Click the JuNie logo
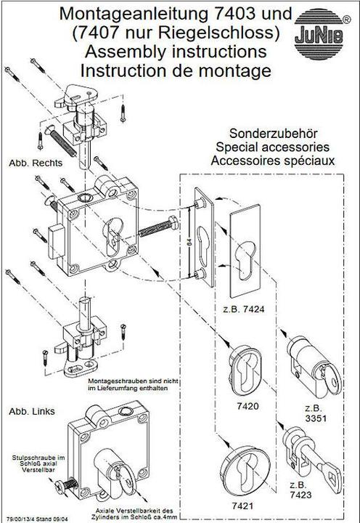pyautogui.click(x=319, y=34)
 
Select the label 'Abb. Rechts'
pyautogui.click(x=36, y=163)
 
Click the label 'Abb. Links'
pyautogui.click(x=32, y=412)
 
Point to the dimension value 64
pyautogui.click(x=189, y=241)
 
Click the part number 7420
pyautogui.click(x=247, y=406)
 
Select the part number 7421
pyautogui.click(x=242, y=506)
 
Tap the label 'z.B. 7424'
pyautogui.click(x=244, y=309)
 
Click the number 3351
pyautogui.click(x=316, y=418)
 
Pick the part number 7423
pyautogui.click(x=300, y=495)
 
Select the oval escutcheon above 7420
pyautogui.click(x=245, y=370)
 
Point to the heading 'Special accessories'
pyautogui.click(x=272, y=147)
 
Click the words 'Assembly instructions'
pyautogui.click(x=176, y=52)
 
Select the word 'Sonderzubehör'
pyautogui.click(x=274, y=134)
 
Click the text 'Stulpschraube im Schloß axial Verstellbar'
pyautogui.click(x=38, y=463)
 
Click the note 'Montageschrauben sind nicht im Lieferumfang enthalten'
pyautogui.click(x=134, y=384)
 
